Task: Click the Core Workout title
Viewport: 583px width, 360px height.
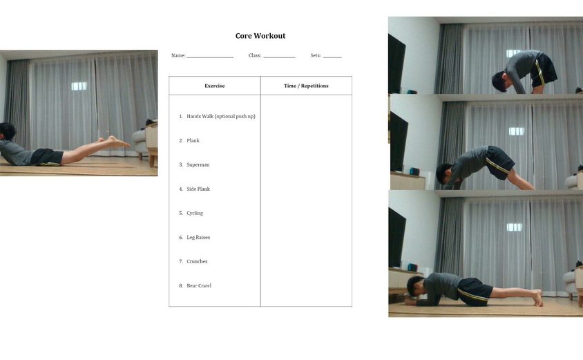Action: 260,36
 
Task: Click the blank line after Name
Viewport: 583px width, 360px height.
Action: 210,57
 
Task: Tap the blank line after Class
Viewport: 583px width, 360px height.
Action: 279,57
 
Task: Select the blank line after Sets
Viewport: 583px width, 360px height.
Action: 332,57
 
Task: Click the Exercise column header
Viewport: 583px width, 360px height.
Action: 215,86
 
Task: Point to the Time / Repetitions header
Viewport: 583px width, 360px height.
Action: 306,86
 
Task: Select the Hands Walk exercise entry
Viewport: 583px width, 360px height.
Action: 221,116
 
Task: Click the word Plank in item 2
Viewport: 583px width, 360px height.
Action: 193,140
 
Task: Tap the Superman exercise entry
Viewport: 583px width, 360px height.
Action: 198,164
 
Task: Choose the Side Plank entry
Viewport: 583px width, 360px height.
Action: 198,189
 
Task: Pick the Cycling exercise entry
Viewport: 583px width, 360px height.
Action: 195,213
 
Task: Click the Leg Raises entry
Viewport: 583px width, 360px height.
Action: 198,237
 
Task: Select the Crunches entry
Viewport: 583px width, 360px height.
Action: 197,261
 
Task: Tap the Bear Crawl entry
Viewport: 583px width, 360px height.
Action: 198,285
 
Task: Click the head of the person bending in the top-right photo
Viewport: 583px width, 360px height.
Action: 501,82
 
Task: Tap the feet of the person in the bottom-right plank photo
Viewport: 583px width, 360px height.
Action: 537,297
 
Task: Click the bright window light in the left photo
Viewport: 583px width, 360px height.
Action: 79,86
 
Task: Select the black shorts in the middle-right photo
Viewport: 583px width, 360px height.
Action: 500,162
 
